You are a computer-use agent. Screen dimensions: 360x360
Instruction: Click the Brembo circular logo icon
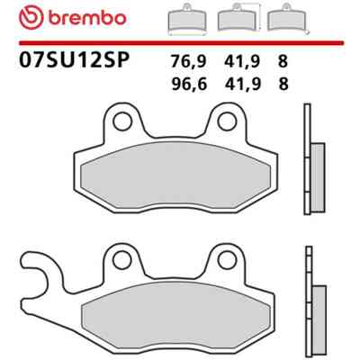point(31,18)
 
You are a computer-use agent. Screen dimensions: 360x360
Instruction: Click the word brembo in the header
point(86,19)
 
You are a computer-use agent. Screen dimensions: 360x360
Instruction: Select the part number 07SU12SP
point(74,59)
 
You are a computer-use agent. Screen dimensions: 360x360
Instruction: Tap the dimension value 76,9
point(188,62)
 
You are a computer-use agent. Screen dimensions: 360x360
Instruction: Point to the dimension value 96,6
point(189,85)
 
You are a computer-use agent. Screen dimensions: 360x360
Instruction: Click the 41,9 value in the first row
point(241,62)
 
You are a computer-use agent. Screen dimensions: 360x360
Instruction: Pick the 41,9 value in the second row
point(242,85)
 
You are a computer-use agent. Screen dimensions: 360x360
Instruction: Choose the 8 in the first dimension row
point(283,62)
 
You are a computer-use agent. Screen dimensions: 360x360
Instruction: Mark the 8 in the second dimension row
point(283,84)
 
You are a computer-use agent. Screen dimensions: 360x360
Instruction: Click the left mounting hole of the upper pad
point(122,121)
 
